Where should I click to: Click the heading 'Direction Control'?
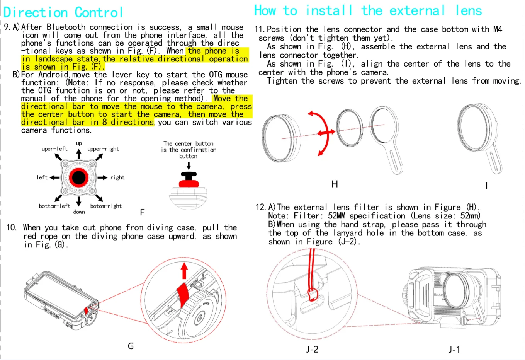(63, 12)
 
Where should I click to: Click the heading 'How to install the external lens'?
(368, 10)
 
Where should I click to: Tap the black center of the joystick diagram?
(79, 177)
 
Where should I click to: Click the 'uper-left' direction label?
(54, 149)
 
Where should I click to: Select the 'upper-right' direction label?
(103, 149)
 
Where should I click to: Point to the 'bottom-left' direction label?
(54, 206)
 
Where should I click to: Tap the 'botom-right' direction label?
(106, 206)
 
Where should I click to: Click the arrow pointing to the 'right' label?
(102, 177)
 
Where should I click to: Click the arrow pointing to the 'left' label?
(55, 177)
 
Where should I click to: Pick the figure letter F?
(142, 212)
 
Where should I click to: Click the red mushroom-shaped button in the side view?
(189, 180)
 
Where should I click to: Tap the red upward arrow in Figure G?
(184, 270)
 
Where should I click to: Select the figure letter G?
(131, 346)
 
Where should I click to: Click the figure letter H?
(335, 184)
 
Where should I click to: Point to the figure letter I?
(486, 186)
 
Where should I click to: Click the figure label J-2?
(312, 350)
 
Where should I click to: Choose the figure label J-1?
(454, 350)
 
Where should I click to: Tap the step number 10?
(11, 227)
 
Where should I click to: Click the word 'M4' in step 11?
(498, 29)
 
